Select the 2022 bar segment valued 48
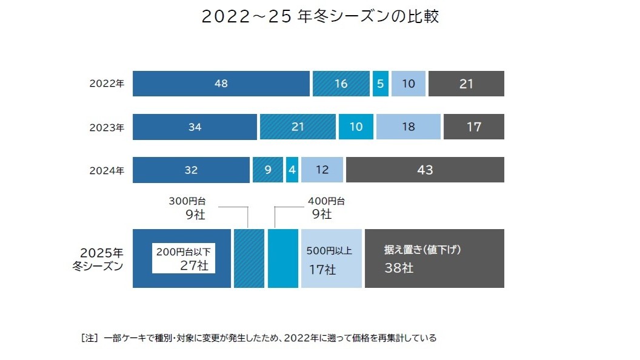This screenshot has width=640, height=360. pyautogui.click(x=221, y=84)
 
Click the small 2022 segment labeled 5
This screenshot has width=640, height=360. pyautogui.click(x=380, y=84)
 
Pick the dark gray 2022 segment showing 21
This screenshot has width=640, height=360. pyautogui.click(x=465, y=84)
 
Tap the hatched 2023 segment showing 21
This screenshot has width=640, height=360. pyautogui.click(x=298, y=127)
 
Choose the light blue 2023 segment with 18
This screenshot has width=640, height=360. pyautogui.click(x=408, y=127)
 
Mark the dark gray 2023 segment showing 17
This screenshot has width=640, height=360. pyautogui.click(x=473, y=127)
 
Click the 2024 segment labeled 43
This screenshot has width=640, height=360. pyautogui.click(x=425, y=170)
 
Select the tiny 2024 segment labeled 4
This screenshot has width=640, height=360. pyautogui.click(x=292, y=170)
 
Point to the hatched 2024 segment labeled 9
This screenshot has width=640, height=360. pyautogui.click(x=267, y=170)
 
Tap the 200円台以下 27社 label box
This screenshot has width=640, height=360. pyautogui.click(x=184, y=259)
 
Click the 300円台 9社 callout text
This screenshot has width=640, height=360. pyautogui.click(x=190, y=207)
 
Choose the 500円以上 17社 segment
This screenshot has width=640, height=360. pyautogui.click(x=331, y=259)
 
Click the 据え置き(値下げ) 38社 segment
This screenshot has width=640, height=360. pyautogui.click(x=434, y=259)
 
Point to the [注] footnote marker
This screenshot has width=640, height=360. pyautogui.click(x=89, y=338)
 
